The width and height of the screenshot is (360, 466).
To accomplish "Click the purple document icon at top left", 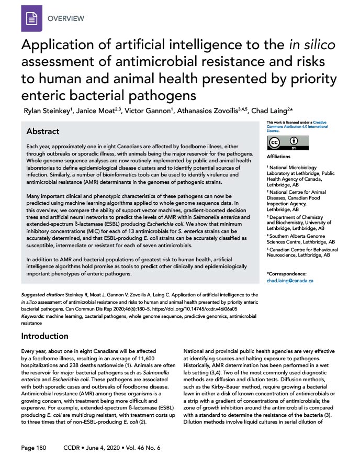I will pos(31,19).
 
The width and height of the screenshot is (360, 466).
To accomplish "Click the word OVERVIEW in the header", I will pos(66,19).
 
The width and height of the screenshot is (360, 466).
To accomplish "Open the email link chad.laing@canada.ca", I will pos(290,281).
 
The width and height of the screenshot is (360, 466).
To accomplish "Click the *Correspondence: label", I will pos(287,273).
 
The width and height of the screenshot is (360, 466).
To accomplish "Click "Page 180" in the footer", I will pos(34,448).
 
